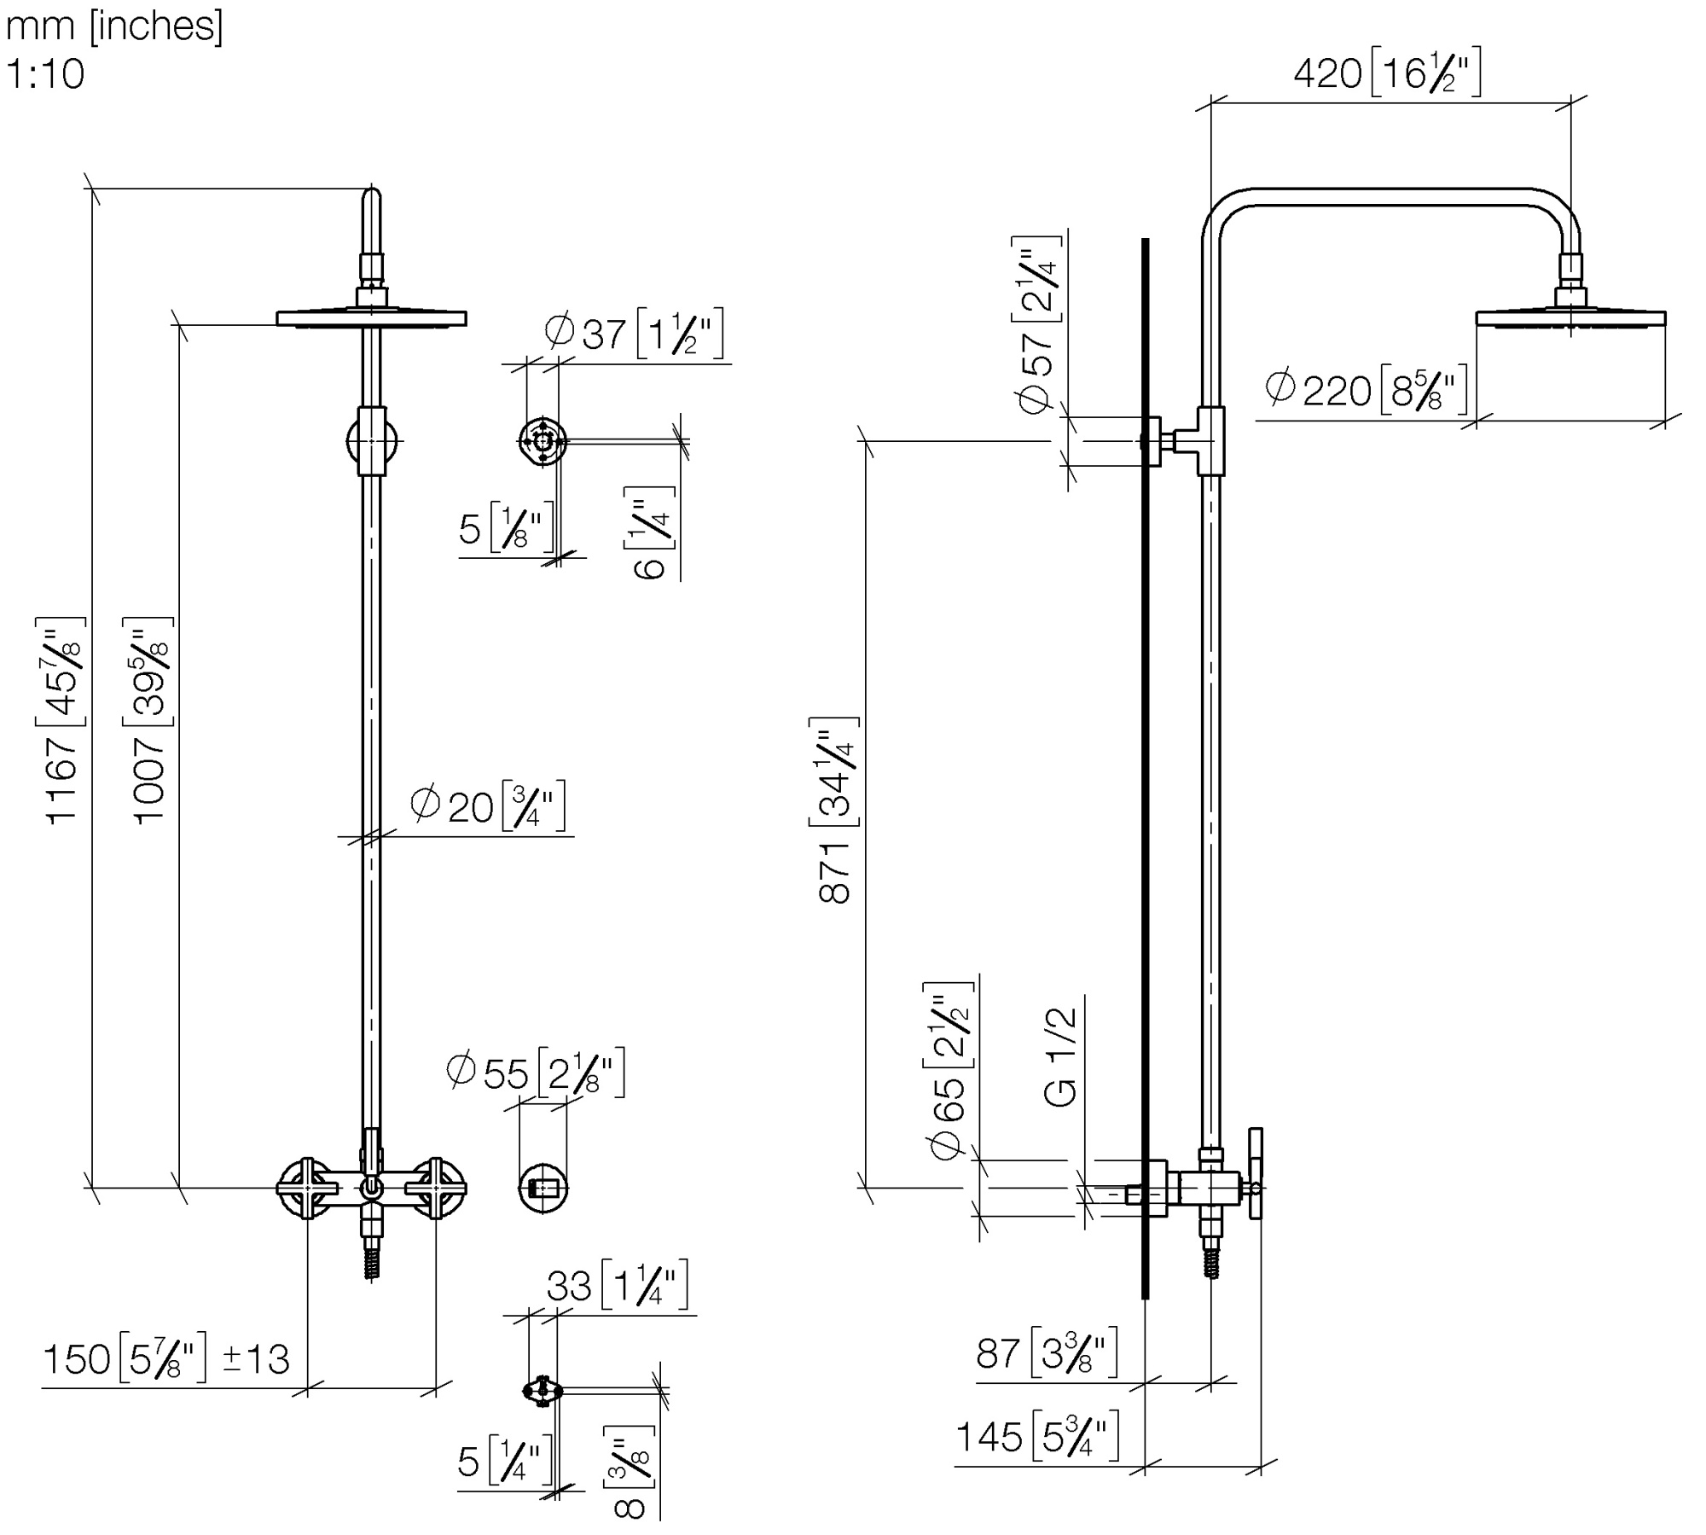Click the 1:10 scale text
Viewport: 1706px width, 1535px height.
tap(45, 74)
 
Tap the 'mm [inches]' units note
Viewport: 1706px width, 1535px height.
tap(114, 26)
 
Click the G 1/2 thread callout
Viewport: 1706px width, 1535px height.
tap(1062, 1057)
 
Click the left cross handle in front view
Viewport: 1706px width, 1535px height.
tap(306, 1188)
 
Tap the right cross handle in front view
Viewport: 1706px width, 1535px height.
tap(436, 1188)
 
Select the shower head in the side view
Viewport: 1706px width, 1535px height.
tap(1570, 318)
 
